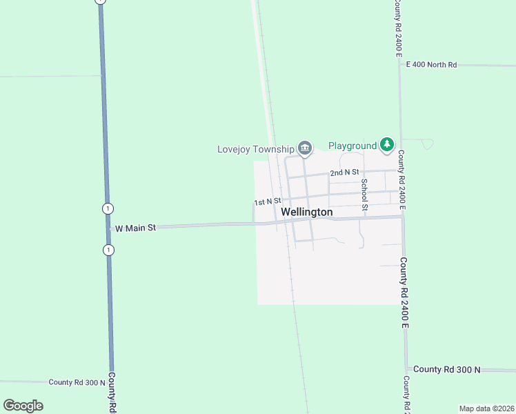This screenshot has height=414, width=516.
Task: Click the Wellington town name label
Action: [x=307, y=212]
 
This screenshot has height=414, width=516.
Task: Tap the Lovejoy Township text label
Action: [x=255, y=148]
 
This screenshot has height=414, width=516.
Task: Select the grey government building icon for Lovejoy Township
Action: [x=305, y=148]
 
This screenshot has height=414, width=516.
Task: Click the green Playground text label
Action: [x=353, y=146]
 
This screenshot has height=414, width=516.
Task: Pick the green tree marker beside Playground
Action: [x=387, y=145]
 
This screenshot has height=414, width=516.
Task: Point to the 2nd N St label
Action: [x=345, y=172]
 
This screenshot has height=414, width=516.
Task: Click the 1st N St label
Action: [x=267, y=202]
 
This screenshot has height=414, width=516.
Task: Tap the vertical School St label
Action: [x=365, y=194]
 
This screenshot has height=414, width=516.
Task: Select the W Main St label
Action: [x=136, y=227]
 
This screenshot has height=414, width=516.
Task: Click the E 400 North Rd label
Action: [x=432, y=65]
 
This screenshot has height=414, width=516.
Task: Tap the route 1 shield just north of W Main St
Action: [x=107, y=208]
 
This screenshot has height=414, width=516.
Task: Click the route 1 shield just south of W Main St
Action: [x=108, y=250]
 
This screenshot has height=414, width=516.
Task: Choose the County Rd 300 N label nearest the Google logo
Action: [x=77, y=382]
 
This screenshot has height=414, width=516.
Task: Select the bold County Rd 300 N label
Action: [x=448, y=370]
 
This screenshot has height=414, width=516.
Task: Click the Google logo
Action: [x=23, y=406]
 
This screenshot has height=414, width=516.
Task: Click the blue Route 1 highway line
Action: [x=104, y=138]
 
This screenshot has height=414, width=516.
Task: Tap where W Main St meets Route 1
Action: [x=108, y=228]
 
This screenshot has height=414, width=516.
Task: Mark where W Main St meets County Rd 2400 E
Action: [x=402, y=217]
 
